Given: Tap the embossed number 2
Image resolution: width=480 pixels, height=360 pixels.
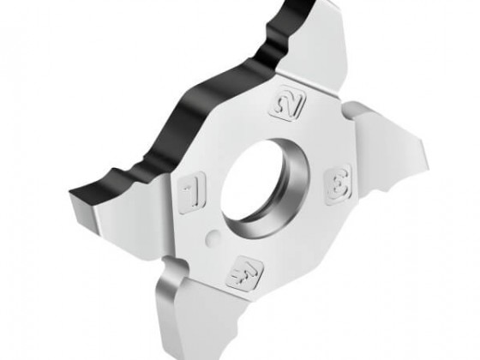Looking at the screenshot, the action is (x=288, y=105).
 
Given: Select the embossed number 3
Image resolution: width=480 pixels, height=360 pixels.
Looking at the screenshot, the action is (x=338, y=185).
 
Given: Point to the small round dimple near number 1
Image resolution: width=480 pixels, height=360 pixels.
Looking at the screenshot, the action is (x=213, y=236).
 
